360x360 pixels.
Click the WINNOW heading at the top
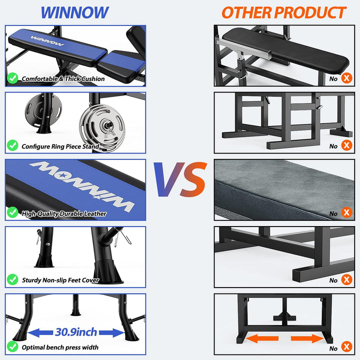74,12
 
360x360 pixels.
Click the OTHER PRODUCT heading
283,12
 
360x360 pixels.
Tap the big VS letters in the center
180,178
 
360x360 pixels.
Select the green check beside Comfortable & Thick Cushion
12,78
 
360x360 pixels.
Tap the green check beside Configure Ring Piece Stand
12,146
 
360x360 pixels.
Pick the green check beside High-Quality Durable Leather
12,213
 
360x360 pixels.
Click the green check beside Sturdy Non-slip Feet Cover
12,280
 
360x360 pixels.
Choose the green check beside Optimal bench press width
12,347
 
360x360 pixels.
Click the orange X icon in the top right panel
346,78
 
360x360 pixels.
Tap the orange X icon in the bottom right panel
346,348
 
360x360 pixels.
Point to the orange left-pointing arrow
262,338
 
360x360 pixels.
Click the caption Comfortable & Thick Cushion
63,79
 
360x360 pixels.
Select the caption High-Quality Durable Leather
64,213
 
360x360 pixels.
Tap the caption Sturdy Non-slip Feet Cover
60,280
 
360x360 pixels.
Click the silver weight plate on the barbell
100,126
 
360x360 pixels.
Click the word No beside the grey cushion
333,213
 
